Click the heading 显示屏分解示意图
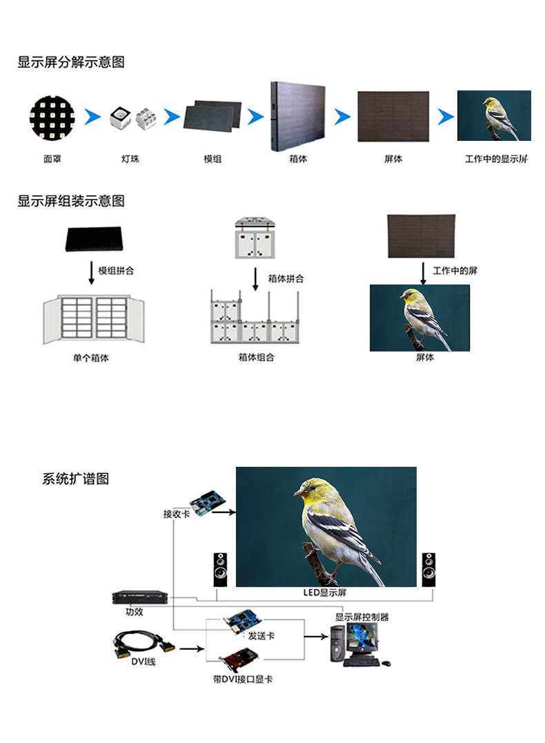tap(71, 62)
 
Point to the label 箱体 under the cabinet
tap(298, 160)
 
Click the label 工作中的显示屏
tap(496, 160)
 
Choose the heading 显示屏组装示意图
tap(71, 202)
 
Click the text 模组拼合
tap(116, 271)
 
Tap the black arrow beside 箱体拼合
tap(255, 279)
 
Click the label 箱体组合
tap(256, 358)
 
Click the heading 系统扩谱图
tap(75, 479)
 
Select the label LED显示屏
tap(325, 592)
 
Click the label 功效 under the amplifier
tap(134, 612)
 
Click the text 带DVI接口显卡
tap(243, 679)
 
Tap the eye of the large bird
tap(309, 488)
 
